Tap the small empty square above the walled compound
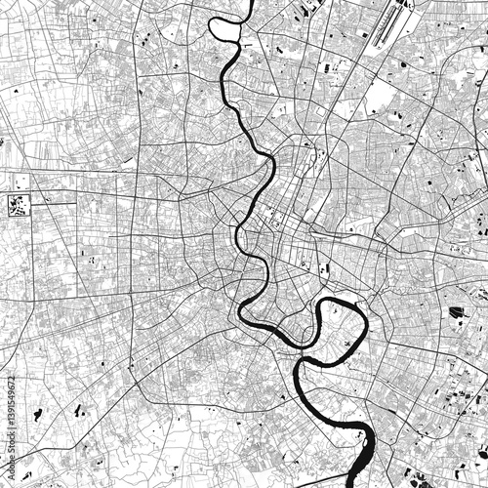[x=20, y=182]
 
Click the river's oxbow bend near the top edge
[x=225, y=29]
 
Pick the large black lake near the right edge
[x=457, y=312]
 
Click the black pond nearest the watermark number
[x=37, y=415]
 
